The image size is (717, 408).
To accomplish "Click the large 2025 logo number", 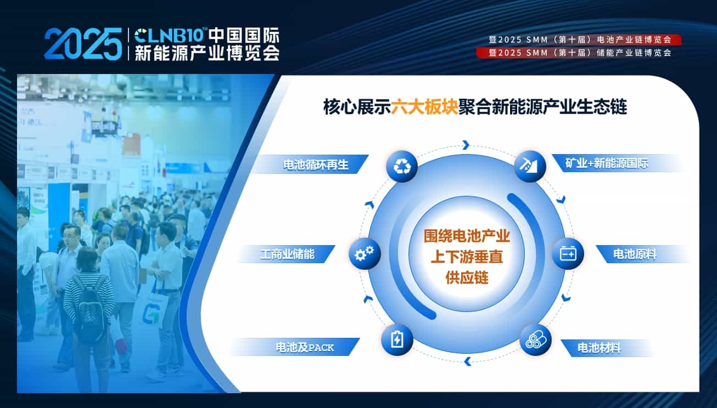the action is (83, 44).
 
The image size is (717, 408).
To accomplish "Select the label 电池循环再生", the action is (316, 165).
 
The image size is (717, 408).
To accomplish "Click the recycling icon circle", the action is (402, 166).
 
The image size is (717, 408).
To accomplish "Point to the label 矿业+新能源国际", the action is (607, 163).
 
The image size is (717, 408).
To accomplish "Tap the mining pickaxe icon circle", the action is (530, 166).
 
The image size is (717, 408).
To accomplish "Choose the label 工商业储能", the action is (287, 254).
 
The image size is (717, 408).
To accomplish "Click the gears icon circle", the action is (365, 254).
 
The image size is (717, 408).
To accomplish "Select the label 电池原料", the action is (635, 254).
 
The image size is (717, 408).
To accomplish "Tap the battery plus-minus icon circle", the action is (568, 254).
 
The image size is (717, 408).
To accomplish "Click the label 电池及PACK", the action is (305, 347).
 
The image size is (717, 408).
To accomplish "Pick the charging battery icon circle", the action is (397, 339).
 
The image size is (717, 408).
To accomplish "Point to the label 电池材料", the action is (599, 348).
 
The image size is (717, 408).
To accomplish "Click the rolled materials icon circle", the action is (535, 339).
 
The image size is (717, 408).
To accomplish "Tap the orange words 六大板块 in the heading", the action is (424, 106).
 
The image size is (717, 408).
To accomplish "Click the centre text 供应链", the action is (467, 277).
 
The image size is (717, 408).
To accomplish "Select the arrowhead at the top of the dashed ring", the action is (466, 145).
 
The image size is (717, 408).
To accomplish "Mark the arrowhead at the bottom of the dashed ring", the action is (468, 361).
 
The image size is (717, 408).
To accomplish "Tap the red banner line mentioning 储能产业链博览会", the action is (579, 53).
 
